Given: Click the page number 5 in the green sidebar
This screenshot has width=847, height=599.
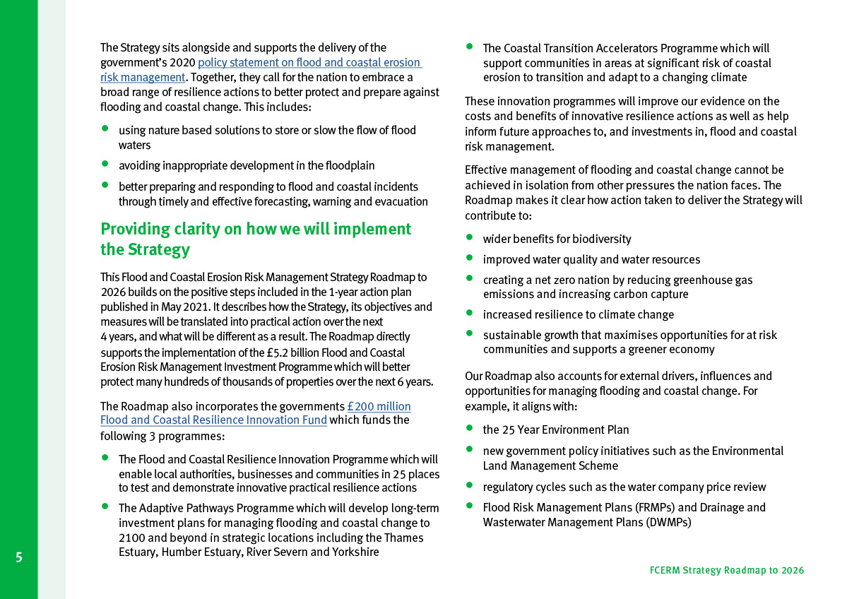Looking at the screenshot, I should (x=19, y=557).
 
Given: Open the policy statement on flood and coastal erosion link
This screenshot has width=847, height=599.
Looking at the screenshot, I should (x=309, y=63).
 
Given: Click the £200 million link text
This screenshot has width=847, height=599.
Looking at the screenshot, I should (x=379, y=406).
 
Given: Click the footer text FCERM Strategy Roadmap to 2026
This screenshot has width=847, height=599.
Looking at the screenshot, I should (x=726, y=570).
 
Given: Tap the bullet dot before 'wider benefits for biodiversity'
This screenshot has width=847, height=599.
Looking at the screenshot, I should (x=469, y=237).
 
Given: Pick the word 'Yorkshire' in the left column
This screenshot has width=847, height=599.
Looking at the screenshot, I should (x=355, y=552).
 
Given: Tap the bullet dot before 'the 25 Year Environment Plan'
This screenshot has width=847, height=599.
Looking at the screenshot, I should (x=469, y=428).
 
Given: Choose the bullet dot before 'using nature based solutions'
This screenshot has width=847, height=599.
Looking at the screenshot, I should (x=105, y=129).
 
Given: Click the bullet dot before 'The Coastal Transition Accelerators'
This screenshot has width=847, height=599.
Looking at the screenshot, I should (x=469, y=47).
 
